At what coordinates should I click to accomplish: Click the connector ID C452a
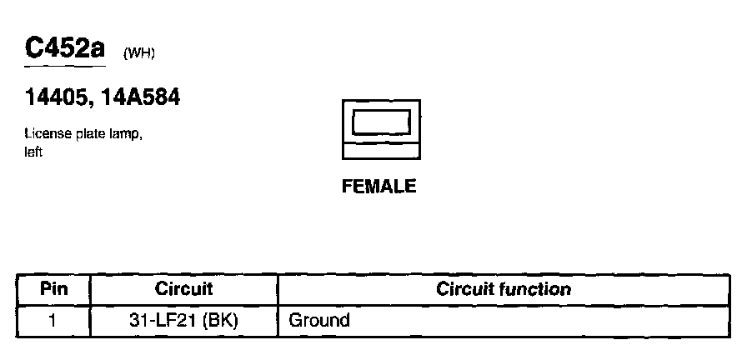[x=66, y=49]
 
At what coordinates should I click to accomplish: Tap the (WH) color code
[x=139, y=54]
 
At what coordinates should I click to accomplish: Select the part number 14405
[x=54, y=99]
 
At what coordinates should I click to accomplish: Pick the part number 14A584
[x=138, y=99]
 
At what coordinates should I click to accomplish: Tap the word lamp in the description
[x=127, y=136]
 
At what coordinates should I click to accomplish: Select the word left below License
[x=33, y=152]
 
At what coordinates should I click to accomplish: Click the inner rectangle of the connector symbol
[x=381, y=122]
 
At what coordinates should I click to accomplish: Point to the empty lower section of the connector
[x=381, y=152]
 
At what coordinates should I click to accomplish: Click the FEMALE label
[x=379, y=187]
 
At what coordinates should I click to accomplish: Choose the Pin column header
[x=53, y=290]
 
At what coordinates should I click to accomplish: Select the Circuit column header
[x=184, y=290]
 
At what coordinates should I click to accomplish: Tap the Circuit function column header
[x=504, y=290]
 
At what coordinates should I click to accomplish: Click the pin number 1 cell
[x=53, y=320]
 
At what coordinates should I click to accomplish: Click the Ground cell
[x=318, y=320]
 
